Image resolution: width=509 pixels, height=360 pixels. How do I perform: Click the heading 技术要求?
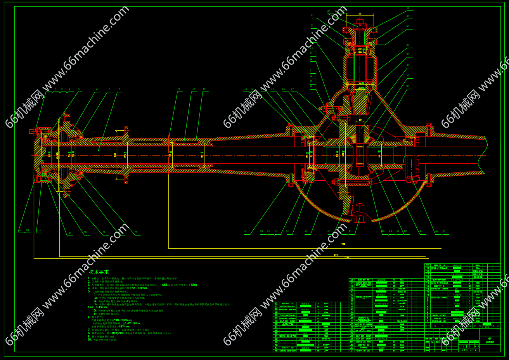99,272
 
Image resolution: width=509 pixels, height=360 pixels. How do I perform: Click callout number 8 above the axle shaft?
119,89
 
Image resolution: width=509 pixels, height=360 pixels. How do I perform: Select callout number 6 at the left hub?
97,90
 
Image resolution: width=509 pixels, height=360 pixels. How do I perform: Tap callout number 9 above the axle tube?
179,89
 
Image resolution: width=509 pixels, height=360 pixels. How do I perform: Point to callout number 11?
204,89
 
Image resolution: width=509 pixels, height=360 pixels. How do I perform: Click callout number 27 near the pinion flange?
312,16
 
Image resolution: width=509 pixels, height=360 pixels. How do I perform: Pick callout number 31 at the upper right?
408,8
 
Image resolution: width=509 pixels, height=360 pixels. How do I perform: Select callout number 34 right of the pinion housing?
408,45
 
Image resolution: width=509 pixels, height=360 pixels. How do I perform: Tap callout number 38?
408,86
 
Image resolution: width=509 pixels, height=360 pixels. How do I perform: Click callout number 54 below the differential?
245,231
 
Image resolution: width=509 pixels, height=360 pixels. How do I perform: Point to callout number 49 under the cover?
306,231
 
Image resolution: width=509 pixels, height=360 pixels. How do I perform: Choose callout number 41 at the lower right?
421,231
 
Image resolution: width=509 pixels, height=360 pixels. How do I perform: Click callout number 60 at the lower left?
40,230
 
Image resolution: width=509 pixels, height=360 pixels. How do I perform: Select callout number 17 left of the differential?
292,90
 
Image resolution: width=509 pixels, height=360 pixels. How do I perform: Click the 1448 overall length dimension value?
336,255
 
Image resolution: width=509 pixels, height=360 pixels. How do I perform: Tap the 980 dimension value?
343,244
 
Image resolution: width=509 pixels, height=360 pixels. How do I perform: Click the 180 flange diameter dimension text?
115,155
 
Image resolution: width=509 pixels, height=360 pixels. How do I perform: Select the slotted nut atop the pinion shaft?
360,25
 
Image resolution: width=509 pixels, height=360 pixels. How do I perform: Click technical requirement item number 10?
90,339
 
